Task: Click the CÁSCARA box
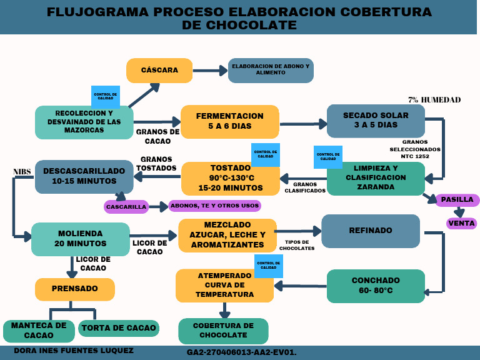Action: click(x=159, y=71)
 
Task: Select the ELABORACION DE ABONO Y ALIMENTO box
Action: click(x=271, y=71)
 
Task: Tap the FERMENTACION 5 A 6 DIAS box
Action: click(x=229, y=121)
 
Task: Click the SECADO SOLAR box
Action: click(x=376, y=121)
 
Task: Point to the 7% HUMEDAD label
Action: click(x=434, y=100)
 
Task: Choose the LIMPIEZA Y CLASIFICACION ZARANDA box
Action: click(x=376, y=178)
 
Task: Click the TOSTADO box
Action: click(x=230, y=179)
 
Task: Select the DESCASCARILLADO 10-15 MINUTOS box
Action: click(x=84, y=176)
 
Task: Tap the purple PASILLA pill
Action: click(x=457, y=200)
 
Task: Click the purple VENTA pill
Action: click(x=461, y=223)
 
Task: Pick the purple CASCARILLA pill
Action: click(x=126, y=206)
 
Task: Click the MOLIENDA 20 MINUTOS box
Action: click(x=81, y=239)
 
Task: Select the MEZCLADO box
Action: click(x=227, y=235)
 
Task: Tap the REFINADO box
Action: click(x=371, y=231)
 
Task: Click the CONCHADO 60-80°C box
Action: click(x=376, y=286)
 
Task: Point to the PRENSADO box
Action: click(x=74, y=289)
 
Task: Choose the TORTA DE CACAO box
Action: click(x=119, y=328)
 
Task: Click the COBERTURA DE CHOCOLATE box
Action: click(x=223, y=331)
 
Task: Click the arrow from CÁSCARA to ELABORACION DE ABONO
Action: click(x=210, y=71)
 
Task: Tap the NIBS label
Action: click(x=22, y=172)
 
